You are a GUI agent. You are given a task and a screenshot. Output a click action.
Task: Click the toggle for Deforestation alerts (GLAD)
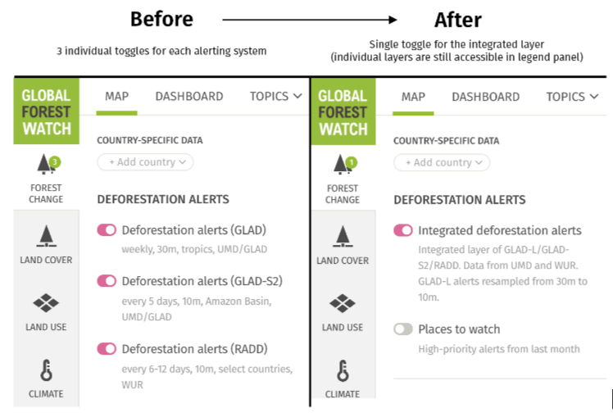pos(107,230)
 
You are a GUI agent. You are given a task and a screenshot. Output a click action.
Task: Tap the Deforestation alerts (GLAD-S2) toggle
pos(107,281)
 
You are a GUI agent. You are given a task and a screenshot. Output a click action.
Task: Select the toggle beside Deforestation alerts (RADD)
pos(107,349)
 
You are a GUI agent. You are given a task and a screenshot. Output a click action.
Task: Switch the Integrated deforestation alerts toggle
pos(403,230)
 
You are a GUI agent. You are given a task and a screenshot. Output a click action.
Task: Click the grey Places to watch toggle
pos(403,329)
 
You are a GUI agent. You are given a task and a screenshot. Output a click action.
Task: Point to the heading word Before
pos(161,19)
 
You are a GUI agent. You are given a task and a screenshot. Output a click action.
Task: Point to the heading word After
pos(457,19)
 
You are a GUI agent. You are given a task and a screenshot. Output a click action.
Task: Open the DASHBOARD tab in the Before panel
pos(189,96)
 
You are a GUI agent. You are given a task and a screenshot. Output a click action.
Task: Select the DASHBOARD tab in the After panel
pos(486,96)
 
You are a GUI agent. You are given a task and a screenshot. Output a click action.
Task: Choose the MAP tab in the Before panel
pos(117,96)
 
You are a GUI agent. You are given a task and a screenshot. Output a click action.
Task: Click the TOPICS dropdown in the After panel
pos(572,96)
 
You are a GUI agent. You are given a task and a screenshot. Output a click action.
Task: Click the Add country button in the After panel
pos(442,162)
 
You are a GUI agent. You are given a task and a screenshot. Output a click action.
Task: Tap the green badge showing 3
pos(55,161)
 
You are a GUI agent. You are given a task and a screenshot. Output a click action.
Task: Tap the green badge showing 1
pos(352,161)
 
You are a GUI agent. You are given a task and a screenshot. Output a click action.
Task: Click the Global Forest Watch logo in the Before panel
pos(47,111)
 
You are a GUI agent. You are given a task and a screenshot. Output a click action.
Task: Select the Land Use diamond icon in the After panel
pos(343,304)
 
